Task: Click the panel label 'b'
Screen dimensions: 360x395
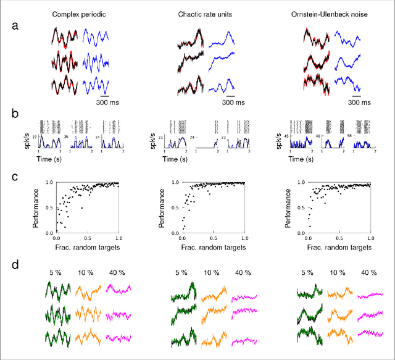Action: point(16,114)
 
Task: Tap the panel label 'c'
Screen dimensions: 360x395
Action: point(16,177)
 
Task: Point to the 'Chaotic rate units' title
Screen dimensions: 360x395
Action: point(206,13)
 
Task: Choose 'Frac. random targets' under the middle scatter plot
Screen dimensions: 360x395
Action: point(212,247)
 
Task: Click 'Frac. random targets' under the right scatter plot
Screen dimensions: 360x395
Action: point(339,247)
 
